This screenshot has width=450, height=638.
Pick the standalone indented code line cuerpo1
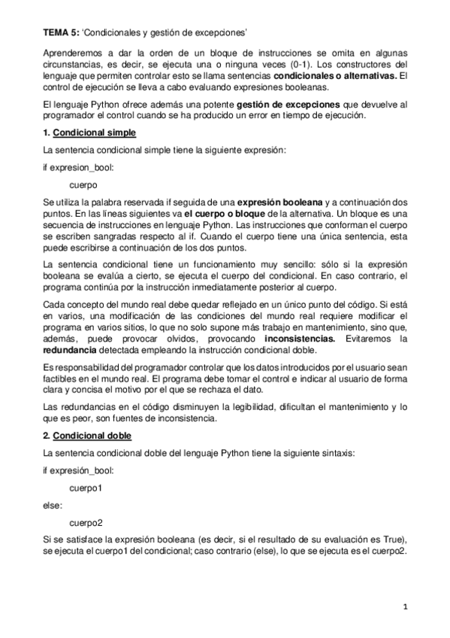[x=86, y=488]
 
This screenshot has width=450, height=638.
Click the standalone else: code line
[x=53, y=506]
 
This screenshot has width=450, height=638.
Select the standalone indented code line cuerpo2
[x=86, y=523]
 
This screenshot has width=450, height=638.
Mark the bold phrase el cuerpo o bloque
[x=225, y=214]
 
